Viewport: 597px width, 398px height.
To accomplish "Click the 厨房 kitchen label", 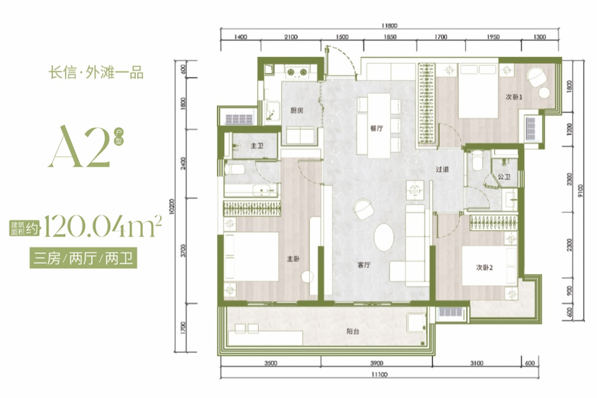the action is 297,111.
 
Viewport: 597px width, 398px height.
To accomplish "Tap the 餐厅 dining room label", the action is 376,128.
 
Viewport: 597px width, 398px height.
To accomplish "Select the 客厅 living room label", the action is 364,265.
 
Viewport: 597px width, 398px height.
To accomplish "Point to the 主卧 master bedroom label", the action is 293,259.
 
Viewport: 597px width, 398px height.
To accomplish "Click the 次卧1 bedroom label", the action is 514,97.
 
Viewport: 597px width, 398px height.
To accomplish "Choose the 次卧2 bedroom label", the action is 484,267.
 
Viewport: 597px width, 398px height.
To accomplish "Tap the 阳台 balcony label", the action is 353,332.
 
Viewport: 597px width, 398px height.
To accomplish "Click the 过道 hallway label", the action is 442,169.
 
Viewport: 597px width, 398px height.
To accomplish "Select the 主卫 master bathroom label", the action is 257,146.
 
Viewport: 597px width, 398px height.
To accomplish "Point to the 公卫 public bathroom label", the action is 504,176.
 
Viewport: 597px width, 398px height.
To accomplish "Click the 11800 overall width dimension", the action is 389,25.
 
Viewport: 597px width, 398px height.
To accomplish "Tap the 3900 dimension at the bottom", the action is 377,363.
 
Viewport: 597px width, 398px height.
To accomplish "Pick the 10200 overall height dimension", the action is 171,206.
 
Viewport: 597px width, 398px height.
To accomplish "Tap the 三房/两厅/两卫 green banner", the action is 84,259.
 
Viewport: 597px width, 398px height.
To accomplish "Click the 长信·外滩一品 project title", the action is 96,72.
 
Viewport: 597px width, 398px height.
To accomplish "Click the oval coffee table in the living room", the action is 384,237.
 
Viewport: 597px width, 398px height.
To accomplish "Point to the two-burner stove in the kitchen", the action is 297,72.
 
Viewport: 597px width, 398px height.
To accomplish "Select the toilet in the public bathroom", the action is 477,160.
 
